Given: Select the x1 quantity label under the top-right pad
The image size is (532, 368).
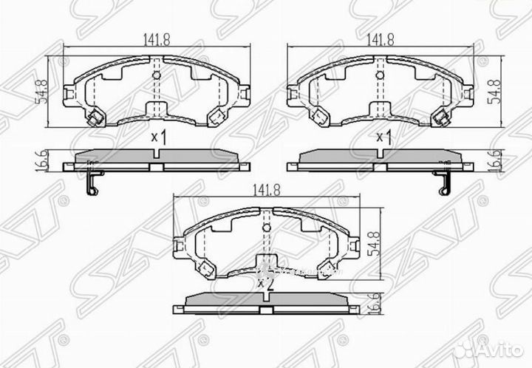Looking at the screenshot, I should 383,137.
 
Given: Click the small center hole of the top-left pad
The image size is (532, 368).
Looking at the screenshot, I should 156,75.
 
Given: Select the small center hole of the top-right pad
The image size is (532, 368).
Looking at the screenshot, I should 380,75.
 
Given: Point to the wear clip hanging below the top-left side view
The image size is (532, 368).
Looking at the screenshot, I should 91,183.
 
